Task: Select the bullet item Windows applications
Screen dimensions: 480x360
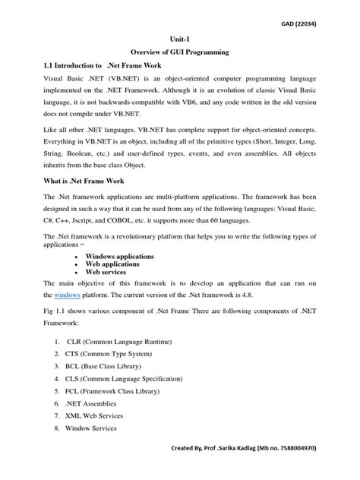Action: (x=119, y=257)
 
